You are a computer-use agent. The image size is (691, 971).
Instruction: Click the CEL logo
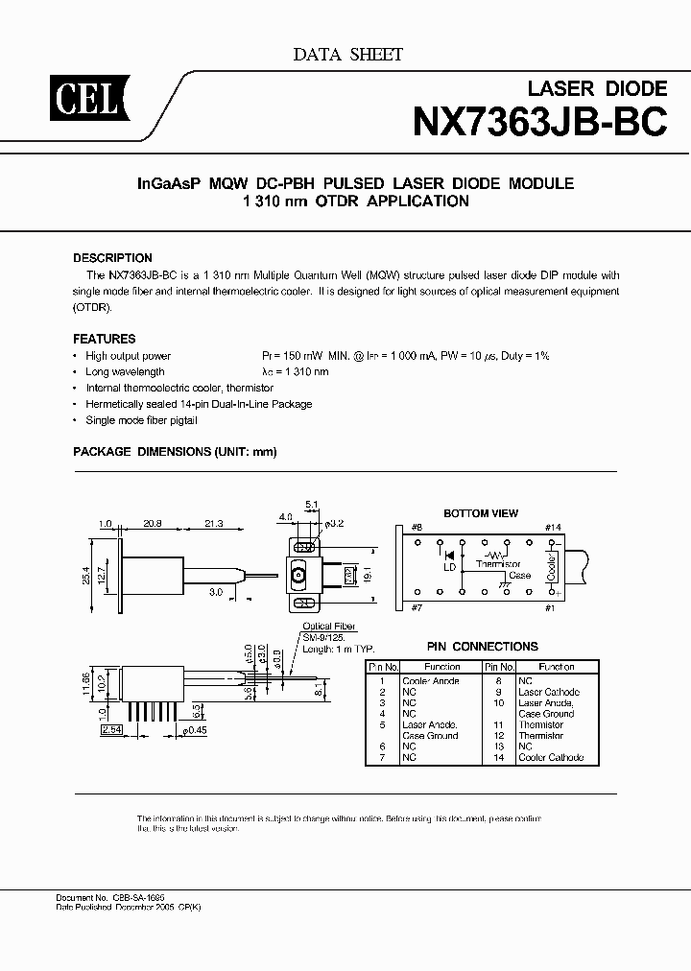69,96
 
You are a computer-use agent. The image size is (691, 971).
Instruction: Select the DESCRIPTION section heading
112,258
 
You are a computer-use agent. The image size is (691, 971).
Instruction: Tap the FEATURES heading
105,339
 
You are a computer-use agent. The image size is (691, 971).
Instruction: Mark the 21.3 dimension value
213,523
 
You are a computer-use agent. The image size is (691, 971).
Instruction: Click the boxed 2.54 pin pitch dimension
112,730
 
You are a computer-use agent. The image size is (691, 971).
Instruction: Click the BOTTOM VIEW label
481,513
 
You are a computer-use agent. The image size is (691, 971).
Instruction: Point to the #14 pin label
552,527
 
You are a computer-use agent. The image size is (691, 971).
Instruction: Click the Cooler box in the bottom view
552,566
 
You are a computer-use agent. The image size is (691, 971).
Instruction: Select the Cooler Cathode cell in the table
551,757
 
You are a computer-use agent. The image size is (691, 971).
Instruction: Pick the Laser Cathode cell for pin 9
548,692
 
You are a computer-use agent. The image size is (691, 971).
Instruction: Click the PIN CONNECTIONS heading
482,647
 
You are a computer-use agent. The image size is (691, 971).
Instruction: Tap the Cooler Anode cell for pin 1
432,680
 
